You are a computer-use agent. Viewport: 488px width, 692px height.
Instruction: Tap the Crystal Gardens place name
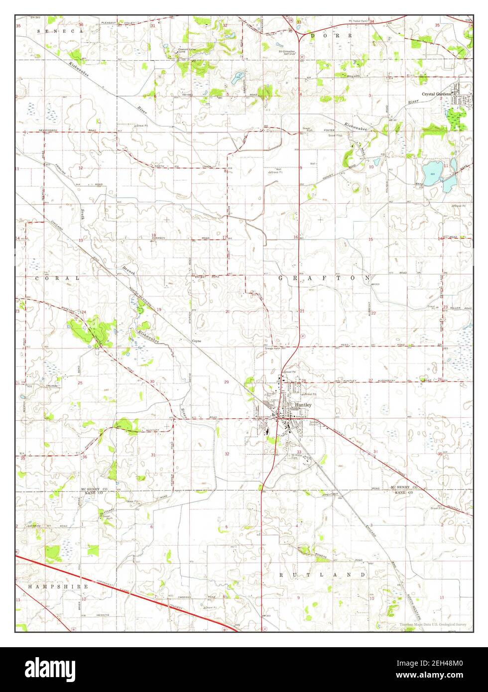tap(436, 94)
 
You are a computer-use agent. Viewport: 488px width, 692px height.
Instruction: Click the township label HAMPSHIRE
tap(58, 587)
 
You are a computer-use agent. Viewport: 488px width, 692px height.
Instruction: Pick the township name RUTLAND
tap(322, 575)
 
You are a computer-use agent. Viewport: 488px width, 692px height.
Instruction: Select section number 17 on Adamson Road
tap(225, 237)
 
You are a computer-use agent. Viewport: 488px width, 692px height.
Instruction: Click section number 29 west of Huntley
tap(226, 382)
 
